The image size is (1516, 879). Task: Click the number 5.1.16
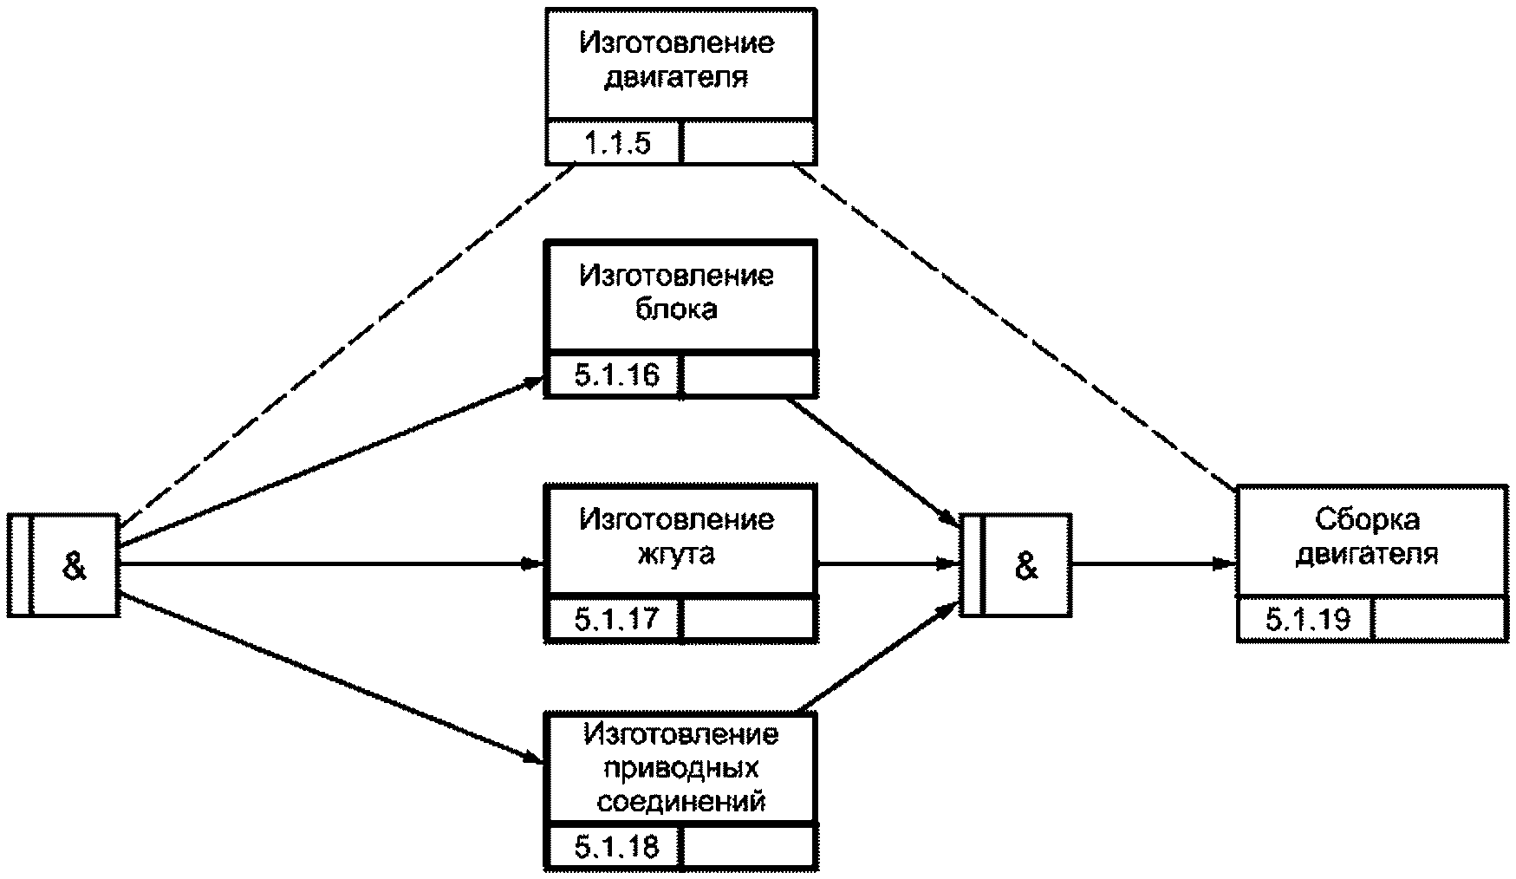(x=616, y=375)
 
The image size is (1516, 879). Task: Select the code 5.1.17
(x=616, y=619)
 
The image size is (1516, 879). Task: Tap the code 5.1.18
(x=616, y=846)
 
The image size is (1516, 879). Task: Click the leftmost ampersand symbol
(x=75, y=567)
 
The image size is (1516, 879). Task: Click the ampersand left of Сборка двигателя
(x=1026, y=567)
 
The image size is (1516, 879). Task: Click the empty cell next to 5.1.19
(x=1440, y=619)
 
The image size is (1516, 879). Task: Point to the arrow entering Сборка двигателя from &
(x=1154, y=564)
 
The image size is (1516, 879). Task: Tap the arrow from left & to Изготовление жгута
(x=331, y=564)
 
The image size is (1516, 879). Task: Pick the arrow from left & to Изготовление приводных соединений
(x=331, y=678)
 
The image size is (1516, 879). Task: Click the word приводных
(x=680, y=768)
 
